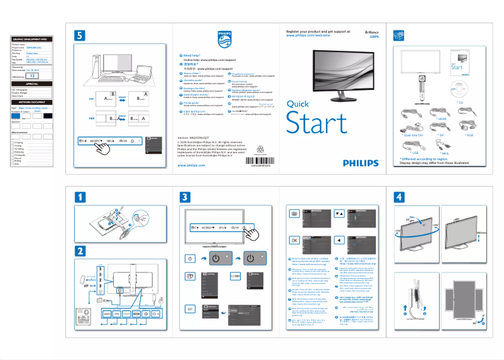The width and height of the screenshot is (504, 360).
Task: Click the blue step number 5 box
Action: pos(79,35)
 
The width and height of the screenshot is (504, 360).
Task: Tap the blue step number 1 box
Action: pos(79,196)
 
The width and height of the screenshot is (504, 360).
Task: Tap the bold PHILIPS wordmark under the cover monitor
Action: pos(361,163)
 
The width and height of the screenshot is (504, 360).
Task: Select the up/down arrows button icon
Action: pos(339,214)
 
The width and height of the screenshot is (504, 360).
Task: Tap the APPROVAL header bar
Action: pos(32,83)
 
